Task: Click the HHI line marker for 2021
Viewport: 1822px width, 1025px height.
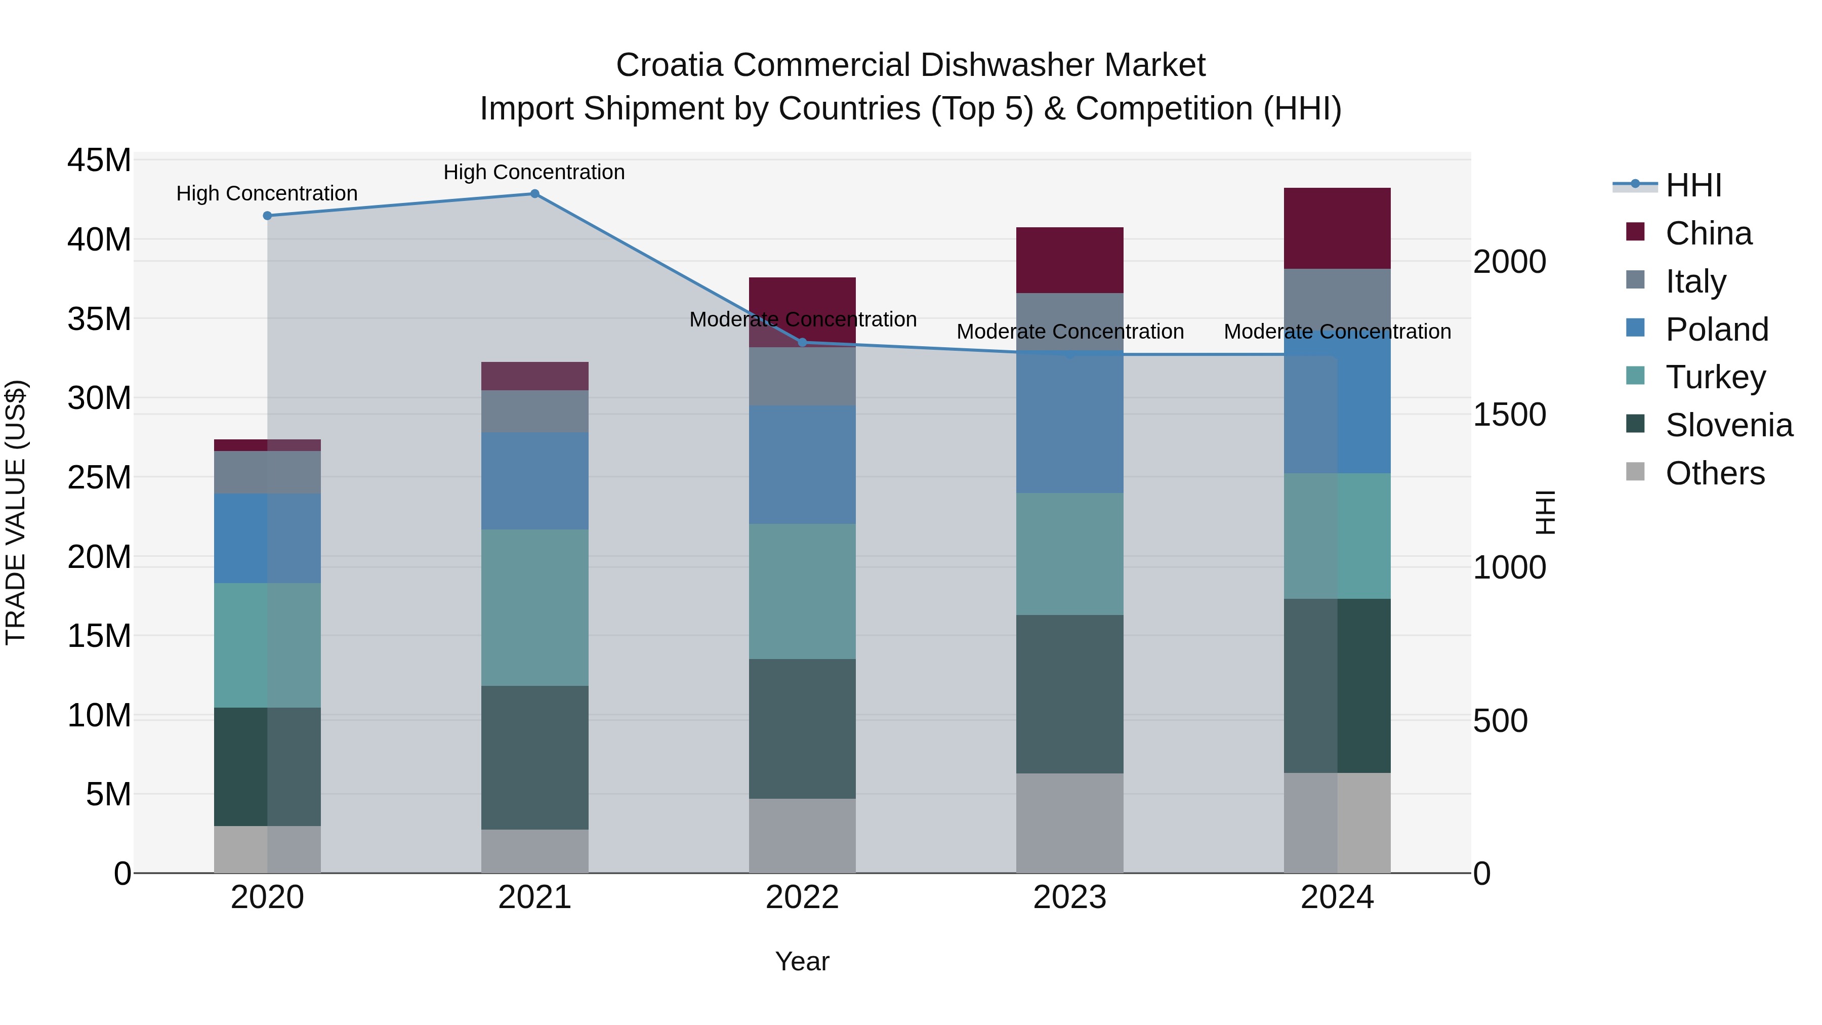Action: [535, 194]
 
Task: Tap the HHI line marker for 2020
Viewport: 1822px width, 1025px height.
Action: [267, 216]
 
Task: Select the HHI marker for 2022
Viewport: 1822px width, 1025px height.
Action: [802, 342]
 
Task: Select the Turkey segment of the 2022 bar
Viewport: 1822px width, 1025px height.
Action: [802, 591]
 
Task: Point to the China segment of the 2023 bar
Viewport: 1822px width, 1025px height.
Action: [1069, 260]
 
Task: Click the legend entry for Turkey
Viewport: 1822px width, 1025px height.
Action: [1715, 377]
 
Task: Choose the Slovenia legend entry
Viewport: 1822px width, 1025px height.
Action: [1729, 425]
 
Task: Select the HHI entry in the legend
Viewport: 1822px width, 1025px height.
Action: [1693, 185]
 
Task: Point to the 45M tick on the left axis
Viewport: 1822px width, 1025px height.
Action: [99, 160]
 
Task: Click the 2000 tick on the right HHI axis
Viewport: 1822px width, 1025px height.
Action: [1509, 262]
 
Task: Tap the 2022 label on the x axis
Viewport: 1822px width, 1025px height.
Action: [802, 897]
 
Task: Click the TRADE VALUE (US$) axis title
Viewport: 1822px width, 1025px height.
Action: [16, 512]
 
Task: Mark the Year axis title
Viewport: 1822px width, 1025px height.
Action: [802, 961]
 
